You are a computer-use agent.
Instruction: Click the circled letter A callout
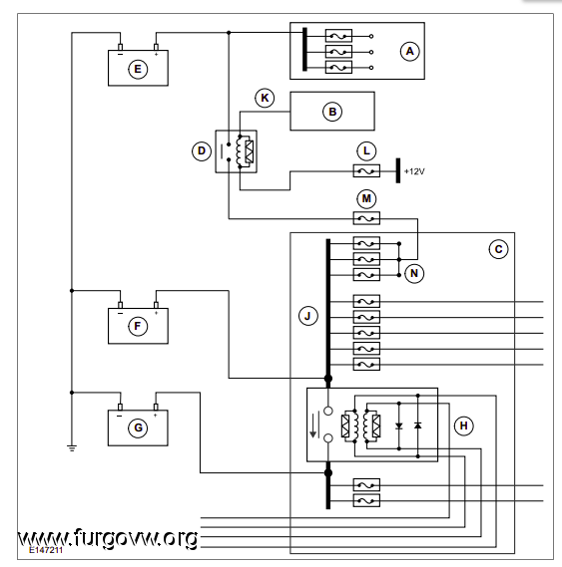[410, 52]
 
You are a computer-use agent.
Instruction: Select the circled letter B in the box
[332, 112]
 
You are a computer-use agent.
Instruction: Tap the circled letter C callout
[498, 249]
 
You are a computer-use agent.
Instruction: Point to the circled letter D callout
[202, 150]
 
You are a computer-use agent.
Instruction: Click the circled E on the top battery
[138, 69]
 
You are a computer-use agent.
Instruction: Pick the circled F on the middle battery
[138, 326]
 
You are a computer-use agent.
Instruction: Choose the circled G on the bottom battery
[138, 428]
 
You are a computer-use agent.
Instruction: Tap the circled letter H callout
[463, 425]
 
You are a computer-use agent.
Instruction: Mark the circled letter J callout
[308, 316]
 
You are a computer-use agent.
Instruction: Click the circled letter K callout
[265, 98]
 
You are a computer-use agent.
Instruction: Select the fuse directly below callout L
[366, 170]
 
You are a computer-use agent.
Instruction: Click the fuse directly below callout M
[366, 218]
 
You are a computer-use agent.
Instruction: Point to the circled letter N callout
[414, 274]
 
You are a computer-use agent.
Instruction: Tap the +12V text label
[414, 171]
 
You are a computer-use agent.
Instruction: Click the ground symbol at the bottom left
[72, 448]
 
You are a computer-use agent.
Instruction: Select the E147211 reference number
[46, 550]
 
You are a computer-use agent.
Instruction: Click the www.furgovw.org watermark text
[108, 538]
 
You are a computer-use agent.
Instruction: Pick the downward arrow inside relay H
[312, 425]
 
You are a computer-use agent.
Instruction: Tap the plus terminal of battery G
[156, 408]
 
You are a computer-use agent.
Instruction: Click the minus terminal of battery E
[121, 47]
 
